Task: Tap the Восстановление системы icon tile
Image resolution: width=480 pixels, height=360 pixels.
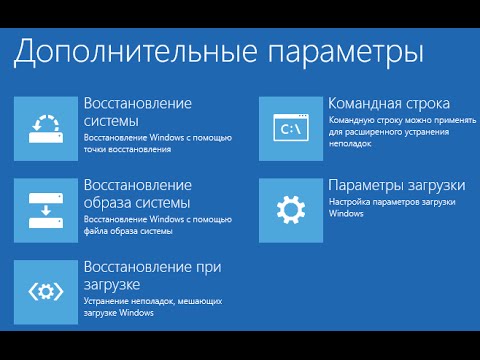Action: click(x=46, y=129)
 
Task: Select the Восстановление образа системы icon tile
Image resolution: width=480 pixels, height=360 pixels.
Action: click(x=46, y=209)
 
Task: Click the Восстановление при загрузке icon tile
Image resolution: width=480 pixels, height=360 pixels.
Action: click(x=46, y=290)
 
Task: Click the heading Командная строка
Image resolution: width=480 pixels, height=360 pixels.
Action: click(x=389, y=103)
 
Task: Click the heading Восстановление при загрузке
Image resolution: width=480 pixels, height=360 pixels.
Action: click(x=152, y=276)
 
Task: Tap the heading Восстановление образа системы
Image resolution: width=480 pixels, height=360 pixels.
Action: click(x=138, y=195)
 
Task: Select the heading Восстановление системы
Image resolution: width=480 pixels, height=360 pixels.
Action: click(x=138, y=112)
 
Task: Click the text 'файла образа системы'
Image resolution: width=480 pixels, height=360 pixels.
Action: click(x=130, y=231)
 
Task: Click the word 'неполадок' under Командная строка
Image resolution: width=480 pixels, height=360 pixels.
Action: click(x=350, y=144)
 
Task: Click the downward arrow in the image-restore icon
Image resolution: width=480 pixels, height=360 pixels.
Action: click(x=46, y=214)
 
